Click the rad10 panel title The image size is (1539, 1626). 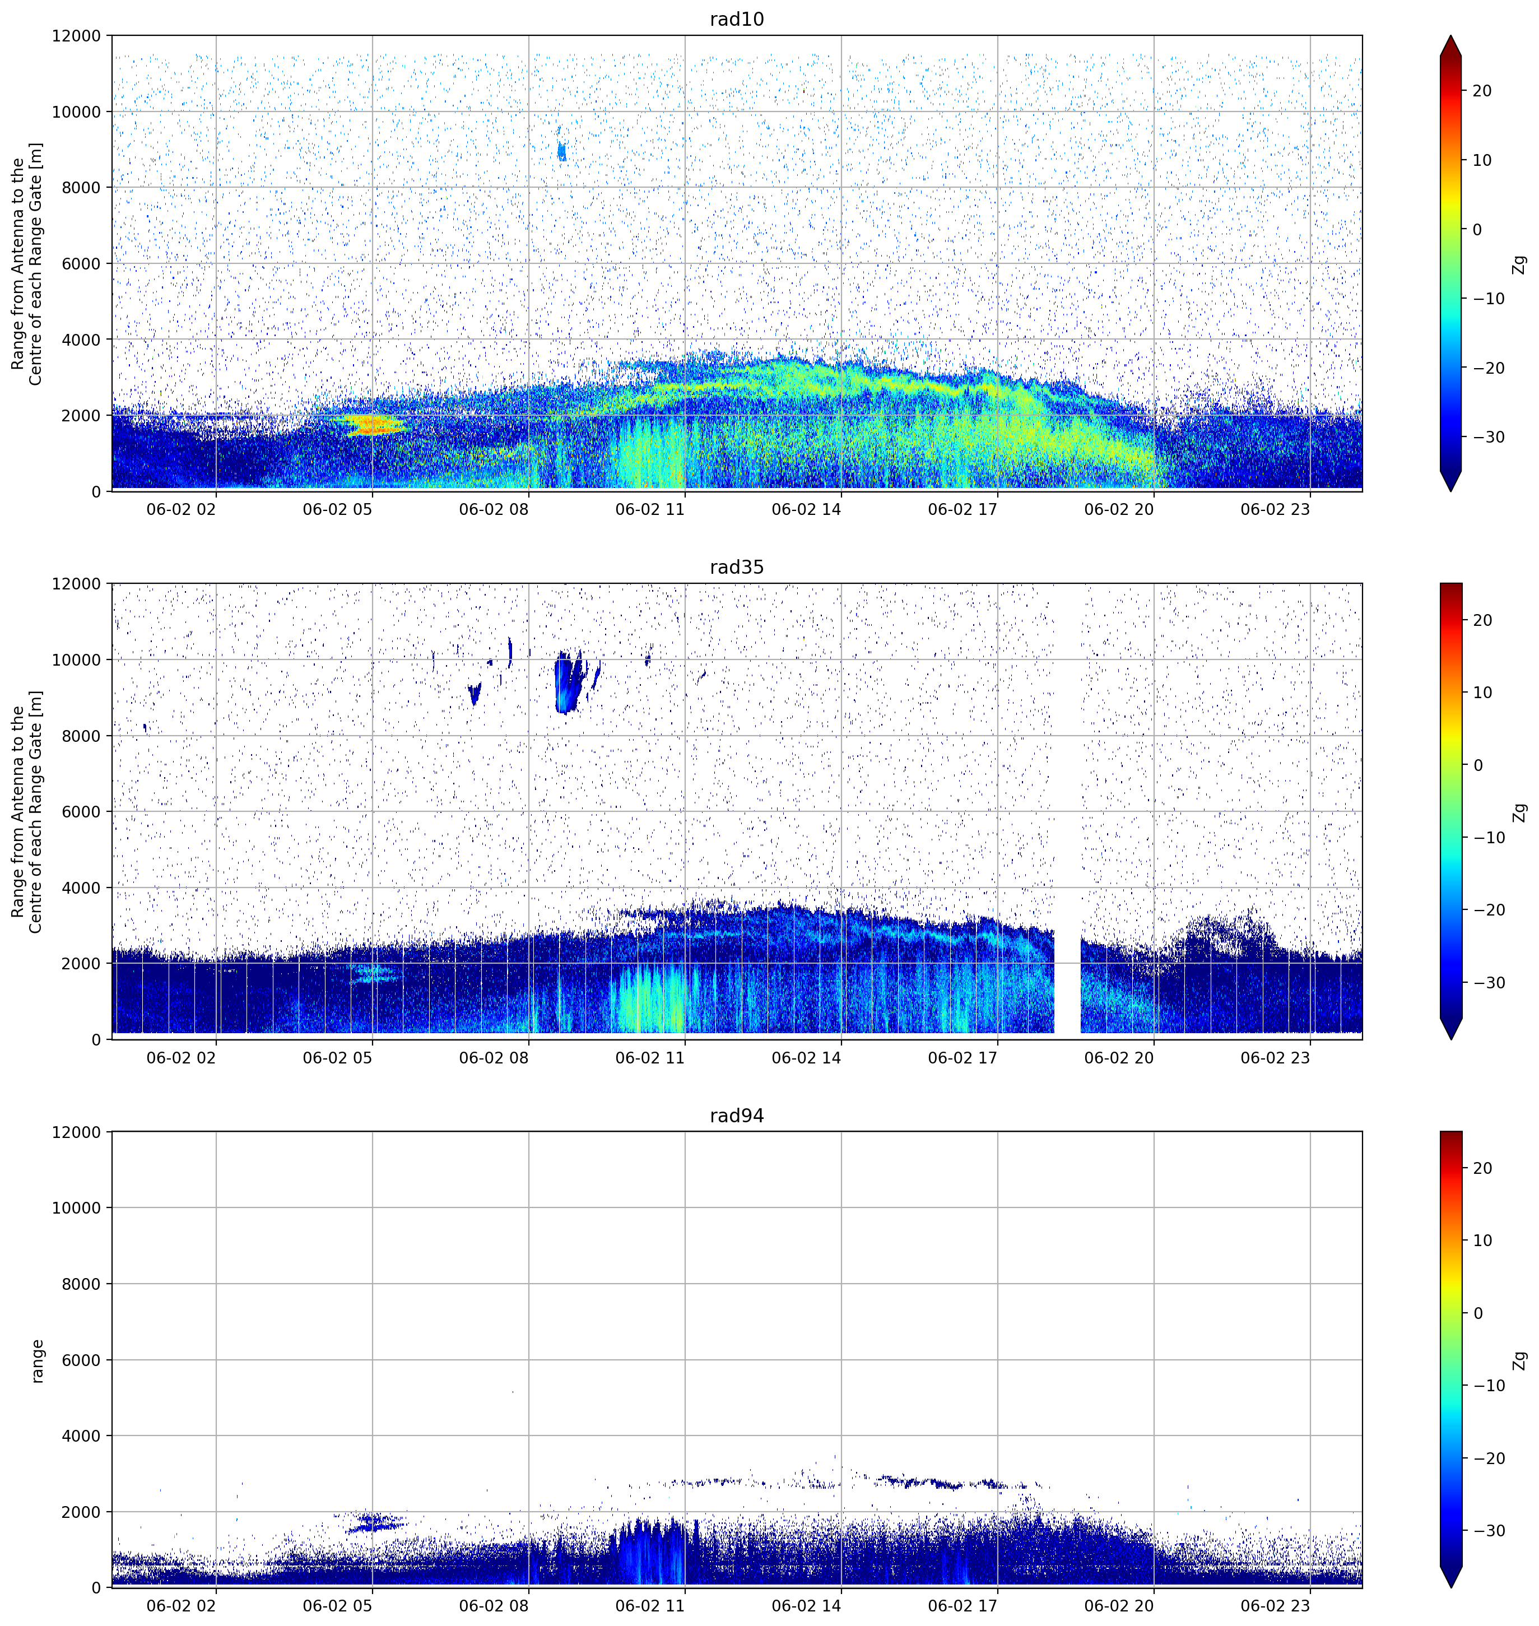pos(737,19)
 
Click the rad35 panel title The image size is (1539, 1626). pos(737,567)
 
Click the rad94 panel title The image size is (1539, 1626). pos(737,1115)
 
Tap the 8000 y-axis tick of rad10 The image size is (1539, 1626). pos(81,187)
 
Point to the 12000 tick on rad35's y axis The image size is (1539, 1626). pos(76,583)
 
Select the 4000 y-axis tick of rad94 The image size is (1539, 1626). pos(81,1435)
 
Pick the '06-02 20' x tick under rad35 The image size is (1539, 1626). pos(1118,1057)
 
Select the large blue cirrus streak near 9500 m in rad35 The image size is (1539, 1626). pos(568,682)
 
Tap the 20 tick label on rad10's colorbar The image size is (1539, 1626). pos(1482,91)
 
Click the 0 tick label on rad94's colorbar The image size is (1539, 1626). pos(1478,1313)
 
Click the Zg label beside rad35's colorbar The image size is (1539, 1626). pos(1520,812)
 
